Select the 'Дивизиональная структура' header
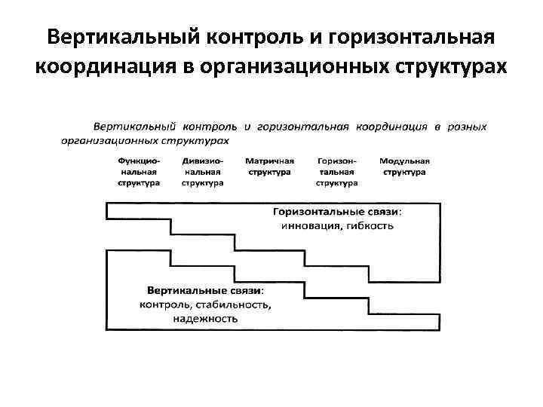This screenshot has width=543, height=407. pos(203,172)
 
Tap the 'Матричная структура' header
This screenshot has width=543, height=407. pos(269,167)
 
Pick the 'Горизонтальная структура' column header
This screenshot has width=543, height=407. pos(336,172)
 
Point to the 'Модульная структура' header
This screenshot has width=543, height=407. pos(404,167)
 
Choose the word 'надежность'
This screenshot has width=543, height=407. pos(205,319)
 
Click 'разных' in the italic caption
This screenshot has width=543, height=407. pos(469,126)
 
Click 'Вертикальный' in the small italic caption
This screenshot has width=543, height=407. pos(130,126)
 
